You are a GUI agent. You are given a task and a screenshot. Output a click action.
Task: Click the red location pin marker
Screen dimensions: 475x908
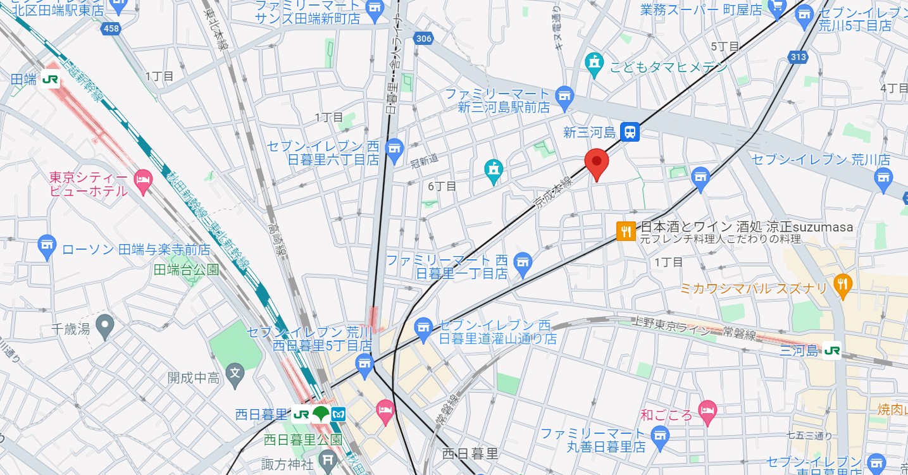[x=595, y=163]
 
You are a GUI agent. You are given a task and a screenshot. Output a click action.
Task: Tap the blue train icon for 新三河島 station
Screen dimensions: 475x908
[x=630, y=132]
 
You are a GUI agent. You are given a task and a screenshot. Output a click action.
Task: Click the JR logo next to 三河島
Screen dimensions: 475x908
[x=831, y=350]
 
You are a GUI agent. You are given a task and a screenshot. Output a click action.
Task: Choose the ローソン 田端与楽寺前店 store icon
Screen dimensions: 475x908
[x=46, y=248]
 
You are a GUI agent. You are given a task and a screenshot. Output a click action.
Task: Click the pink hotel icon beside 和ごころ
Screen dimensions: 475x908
[x=707, y=410]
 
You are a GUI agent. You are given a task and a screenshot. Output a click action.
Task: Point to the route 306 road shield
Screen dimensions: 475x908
[x=423, y=39]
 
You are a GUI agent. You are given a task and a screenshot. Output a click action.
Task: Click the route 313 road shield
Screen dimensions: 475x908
[x=799, y=57]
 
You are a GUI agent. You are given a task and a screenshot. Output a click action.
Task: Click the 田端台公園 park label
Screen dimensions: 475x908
[x=186, y=270]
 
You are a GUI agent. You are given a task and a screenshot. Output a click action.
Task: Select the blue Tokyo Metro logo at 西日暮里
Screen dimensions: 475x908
[x=339, y=414]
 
